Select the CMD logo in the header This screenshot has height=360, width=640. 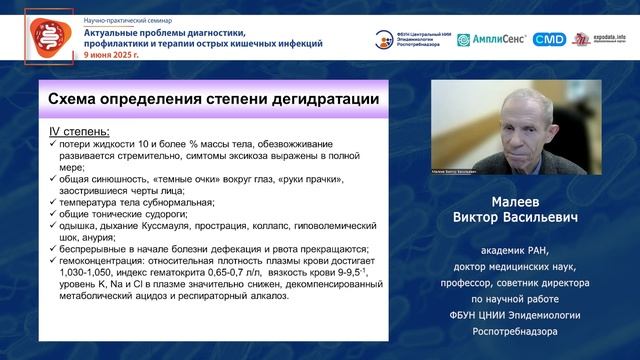coord(549,39)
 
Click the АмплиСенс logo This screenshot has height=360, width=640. coord(491,39)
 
